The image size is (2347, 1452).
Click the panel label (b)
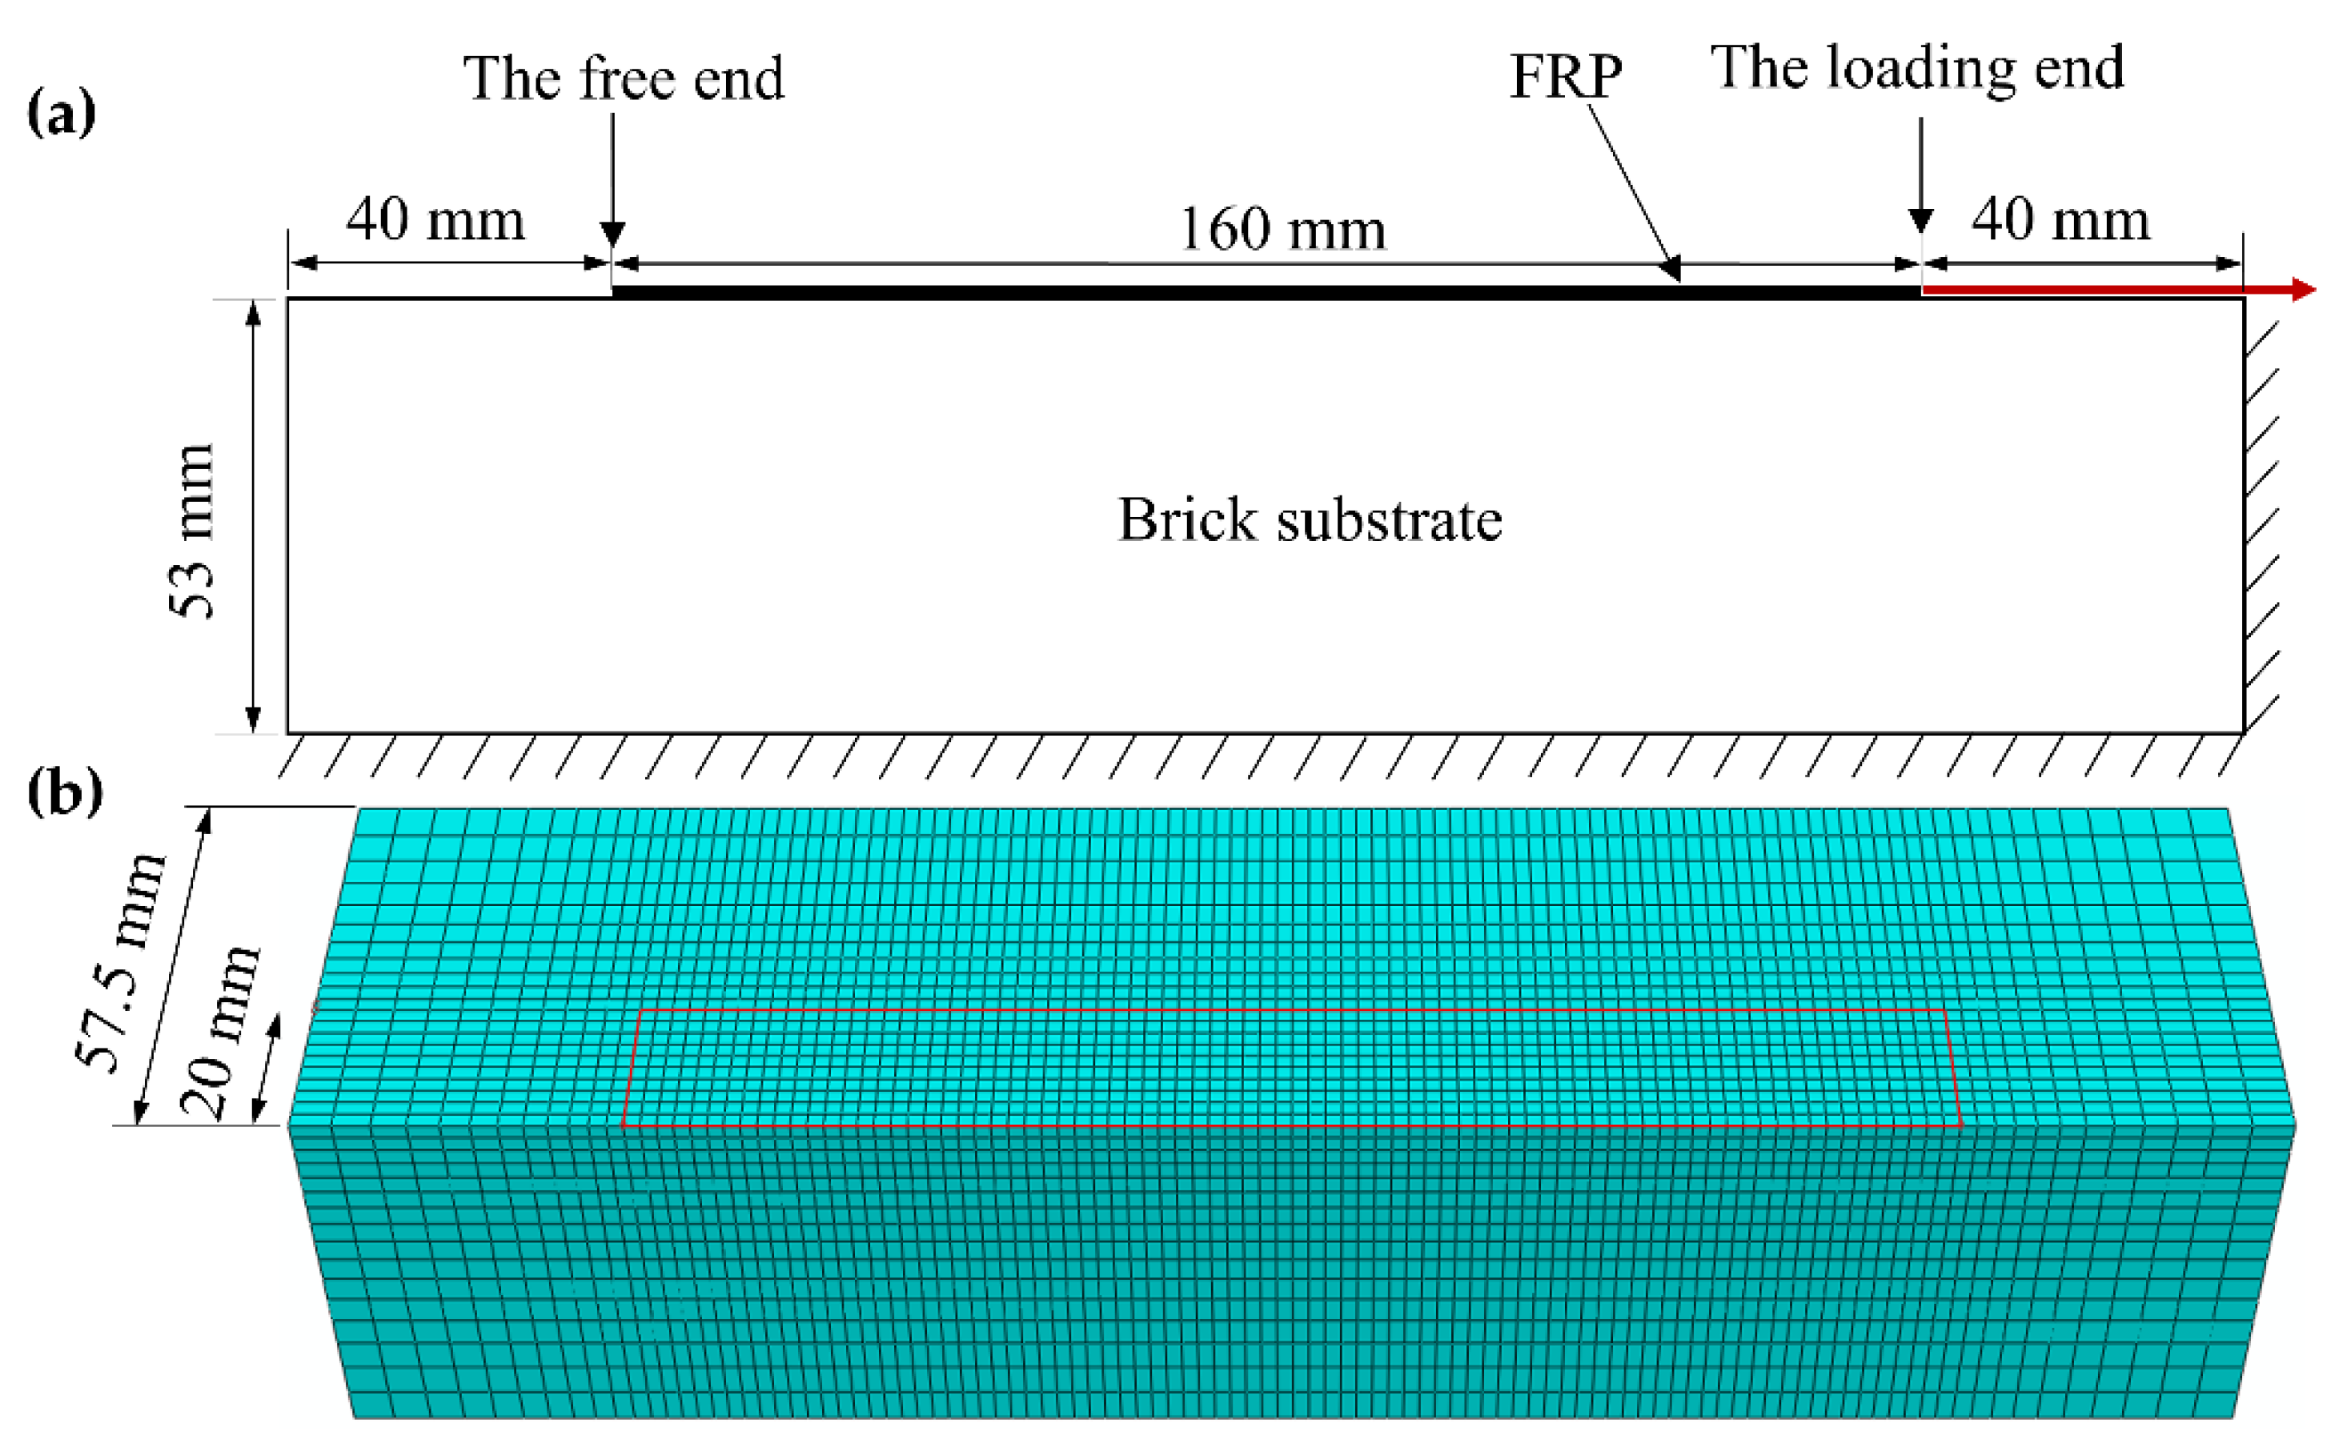coord(64,792)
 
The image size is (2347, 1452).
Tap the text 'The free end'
coord(624,78)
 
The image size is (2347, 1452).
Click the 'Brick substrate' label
coord(1310,519)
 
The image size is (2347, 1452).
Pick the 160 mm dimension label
coord(1282,230)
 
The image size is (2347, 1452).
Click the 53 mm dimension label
coord(191,530)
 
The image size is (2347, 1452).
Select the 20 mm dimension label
coord(220,1033)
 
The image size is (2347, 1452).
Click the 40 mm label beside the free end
coord(435,220)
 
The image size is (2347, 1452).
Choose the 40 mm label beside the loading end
coord(2060,219)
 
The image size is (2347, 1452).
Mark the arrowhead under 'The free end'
coord(612,235)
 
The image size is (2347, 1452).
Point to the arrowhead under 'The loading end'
coord(1920,221)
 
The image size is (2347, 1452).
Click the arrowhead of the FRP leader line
coord(1672,269)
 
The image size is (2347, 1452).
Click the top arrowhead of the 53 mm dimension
coord(253,313)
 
